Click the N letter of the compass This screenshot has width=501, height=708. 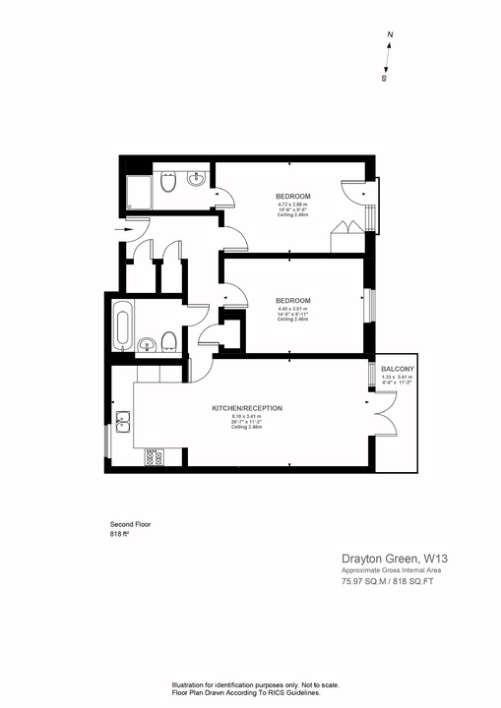coord(391,35)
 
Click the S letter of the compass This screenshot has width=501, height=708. coord(384,78)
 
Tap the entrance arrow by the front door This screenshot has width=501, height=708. coord(122,231)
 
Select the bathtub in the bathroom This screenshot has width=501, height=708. coord(122,324)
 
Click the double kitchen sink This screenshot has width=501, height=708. coord(124,425)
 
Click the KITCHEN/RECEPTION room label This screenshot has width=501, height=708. coord(247,408)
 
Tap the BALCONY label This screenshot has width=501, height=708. coord(398,369)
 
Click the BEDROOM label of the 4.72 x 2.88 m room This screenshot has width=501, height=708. coord(292,197)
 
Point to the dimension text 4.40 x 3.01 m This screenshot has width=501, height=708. coord(293,310)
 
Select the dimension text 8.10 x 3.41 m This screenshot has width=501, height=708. coord(246,416)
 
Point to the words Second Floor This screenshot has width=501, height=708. coord(130,525)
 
